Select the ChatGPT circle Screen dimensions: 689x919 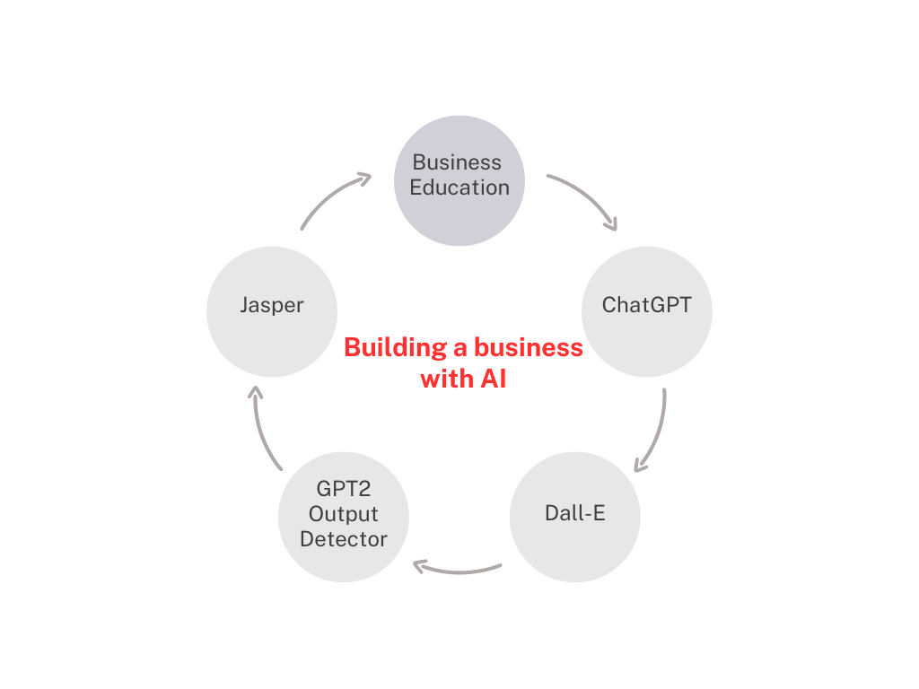[647, 310]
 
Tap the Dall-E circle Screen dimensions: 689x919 [574, 517]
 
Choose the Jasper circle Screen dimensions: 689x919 [272, 310]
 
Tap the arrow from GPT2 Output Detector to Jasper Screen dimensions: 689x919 [262, 429]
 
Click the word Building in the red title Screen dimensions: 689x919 [388, 348]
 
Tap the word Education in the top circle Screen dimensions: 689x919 [459, 188]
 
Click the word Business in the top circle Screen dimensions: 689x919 [457, 162]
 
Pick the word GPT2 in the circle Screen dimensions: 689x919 [344, 490]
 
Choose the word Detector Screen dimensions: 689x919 [344, 540]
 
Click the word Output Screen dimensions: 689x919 [344, 515]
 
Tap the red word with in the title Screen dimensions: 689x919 [445, 379]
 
